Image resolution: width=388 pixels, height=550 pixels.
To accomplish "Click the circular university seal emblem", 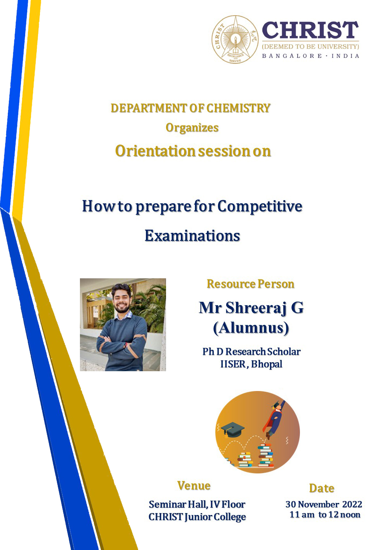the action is tap(235, 40).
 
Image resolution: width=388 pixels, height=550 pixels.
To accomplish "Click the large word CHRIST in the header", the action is tap(310, 30).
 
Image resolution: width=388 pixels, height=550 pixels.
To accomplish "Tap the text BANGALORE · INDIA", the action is tap(310, 56).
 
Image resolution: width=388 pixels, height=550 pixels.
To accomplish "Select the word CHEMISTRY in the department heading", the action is tap(238, 108).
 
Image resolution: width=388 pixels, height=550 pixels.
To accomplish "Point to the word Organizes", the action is tap(192, 127).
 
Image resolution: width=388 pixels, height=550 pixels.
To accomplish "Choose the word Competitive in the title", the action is tap(260, 206).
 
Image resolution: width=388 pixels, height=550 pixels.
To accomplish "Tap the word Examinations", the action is tap(192, 236).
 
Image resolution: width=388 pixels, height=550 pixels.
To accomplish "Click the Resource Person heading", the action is tap(250, 284).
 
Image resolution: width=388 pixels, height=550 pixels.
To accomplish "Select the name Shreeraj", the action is tap(256, 308).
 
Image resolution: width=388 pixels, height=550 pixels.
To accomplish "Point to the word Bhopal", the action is tap(267, 364).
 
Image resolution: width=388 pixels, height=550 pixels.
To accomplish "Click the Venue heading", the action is tap(194, 485).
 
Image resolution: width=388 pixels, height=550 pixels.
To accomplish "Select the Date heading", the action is tap(322, 488).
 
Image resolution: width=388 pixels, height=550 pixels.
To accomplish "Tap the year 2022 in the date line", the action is tap(352, 505).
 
